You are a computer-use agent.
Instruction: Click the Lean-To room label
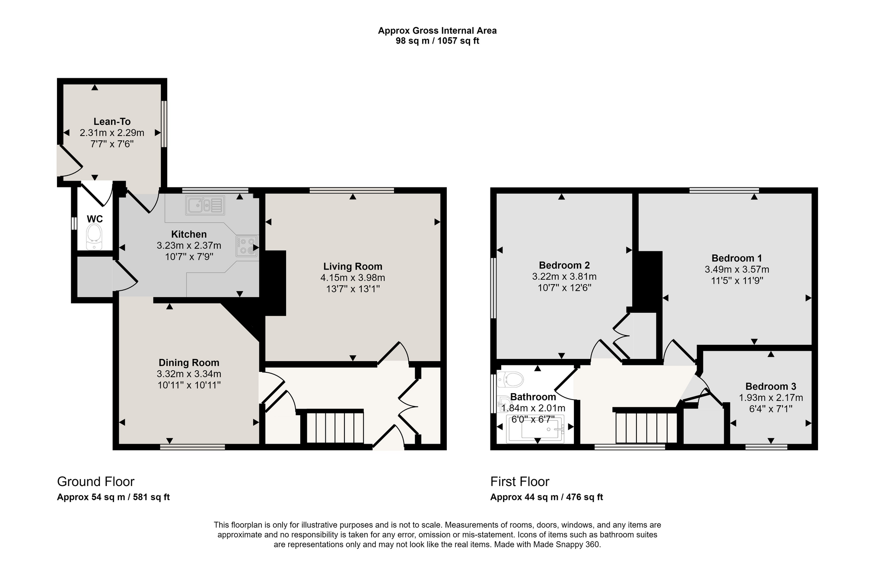coord(112,122)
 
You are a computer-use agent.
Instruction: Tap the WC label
coord(95,219)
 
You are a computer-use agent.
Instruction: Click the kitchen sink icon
coord(205,205)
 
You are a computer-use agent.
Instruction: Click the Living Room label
coord(353,267)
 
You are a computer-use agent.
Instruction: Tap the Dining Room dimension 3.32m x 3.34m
coord(189,374)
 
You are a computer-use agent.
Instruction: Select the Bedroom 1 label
coord(737,258)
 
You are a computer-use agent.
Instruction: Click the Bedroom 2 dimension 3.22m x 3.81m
coord(564,276)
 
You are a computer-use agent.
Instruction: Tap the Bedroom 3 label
coord(770,387)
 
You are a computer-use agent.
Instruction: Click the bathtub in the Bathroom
coord(536,429)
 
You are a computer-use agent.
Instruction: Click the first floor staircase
coord(646,427)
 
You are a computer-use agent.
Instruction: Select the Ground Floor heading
coord(95,481)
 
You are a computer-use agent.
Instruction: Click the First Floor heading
coord(520,481)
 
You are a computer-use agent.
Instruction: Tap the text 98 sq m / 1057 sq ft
coord(437,41)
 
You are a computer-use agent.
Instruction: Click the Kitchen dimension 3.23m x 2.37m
coord(189,246)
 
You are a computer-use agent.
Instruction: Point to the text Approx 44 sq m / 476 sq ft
coord(547,497)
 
